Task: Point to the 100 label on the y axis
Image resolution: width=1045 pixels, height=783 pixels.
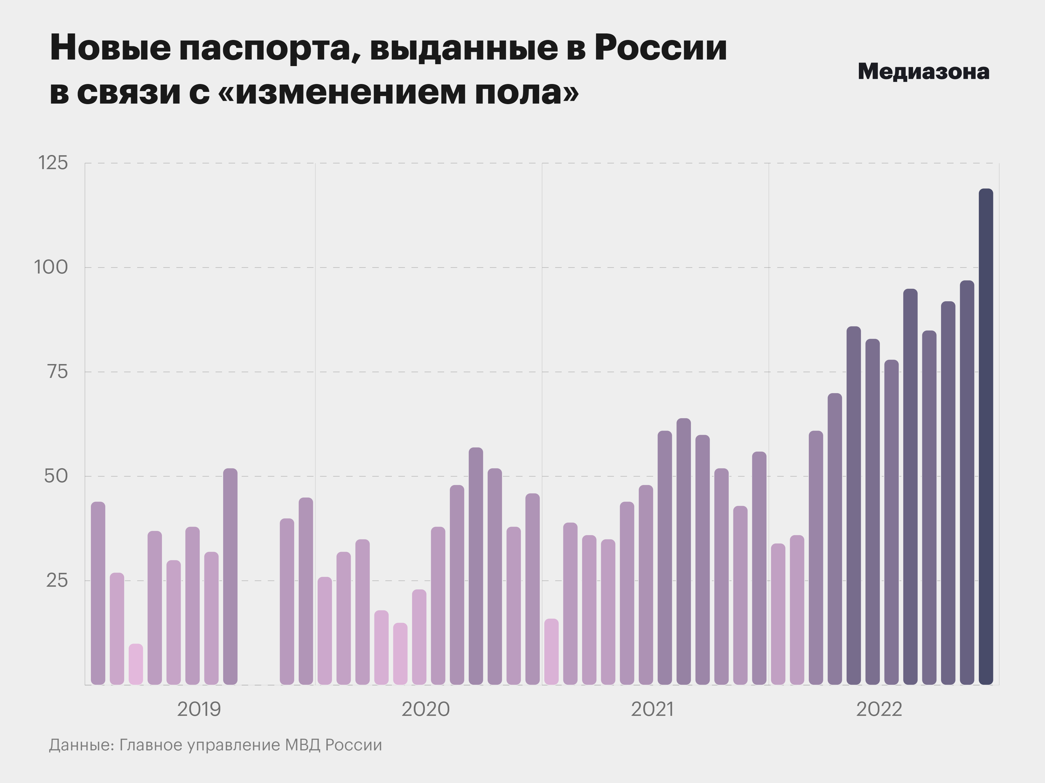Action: tap(51, 268)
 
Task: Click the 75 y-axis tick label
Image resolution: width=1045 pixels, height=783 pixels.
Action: tap(57, 372)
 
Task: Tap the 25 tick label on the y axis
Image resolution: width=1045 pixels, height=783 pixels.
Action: tap(57, 580)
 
